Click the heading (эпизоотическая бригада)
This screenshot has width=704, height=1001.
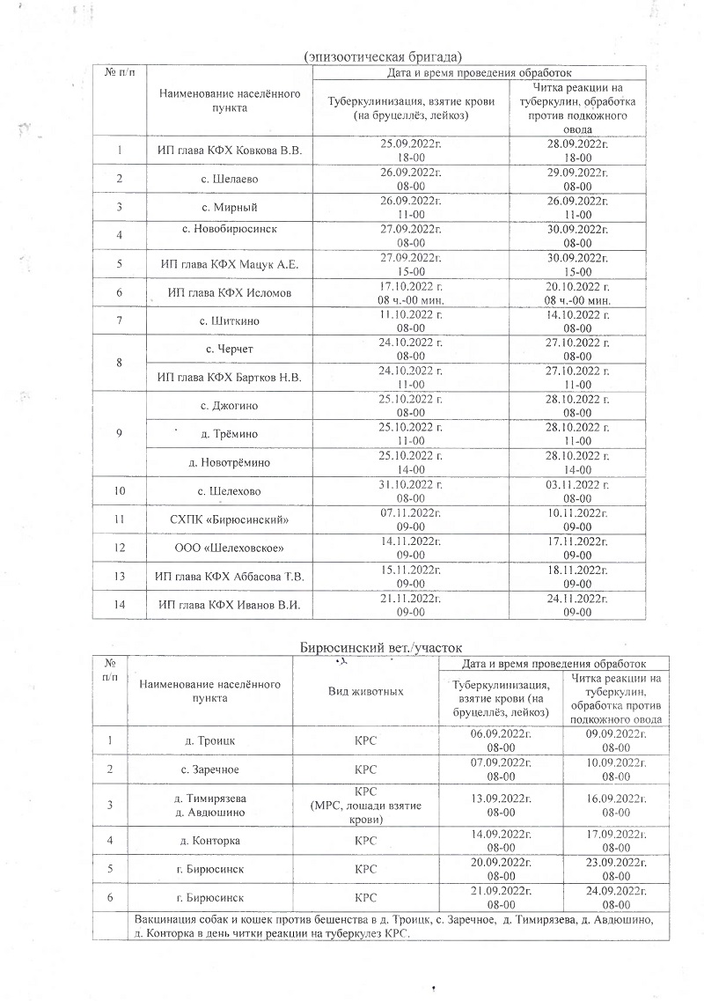tap(383, 56)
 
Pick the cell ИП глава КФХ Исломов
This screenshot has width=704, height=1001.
tap(229, 292)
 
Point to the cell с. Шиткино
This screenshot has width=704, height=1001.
tap(229, 320)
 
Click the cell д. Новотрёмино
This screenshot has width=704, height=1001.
tap(229, 461)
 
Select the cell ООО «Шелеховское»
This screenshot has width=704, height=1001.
tap(229, 549)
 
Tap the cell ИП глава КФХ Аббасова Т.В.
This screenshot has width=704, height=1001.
tap(229, 578)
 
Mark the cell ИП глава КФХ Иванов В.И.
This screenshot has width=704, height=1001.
tap(229, 604)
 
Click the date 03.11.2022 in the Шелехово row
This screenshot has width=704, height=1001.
tap(576, 484)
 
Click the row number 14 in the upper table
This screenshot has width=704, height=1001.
tap(119, 604)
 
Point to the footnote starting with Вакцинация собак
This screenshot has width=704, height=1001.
tap(393, 926)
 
